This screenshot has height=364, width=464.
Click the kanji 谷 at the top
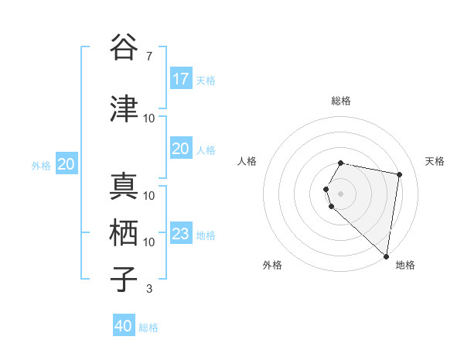125,47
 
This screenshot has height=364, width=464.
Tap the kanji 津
125,109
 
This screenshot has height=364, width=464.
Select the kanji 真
125,187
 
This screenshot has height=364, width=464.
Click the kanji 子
125,280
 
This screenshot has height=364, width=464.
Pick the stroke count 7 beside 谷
148,56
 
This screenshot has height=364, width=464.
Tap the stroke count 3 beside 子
148,289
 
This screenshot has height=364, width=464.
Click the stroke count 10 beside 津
149,118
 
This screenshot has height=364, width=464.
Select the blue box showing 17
181,79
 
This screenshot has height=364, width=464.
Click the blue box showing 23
181,234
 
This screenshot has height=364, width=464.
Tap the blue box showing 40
124,327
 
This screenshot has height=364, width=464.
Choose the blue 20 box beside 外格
67,164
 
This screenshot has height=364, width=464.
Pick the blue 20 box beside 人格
181,149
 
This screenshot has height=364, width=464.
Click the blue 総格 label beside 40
148,328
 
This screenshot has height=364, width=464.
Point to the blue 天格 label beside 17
206,80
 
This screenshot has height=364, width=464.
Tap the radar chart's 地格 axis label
405,265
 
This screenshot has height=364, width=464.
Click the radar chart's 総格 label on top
341,101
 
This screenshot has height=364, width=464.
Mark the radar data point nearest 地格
386,256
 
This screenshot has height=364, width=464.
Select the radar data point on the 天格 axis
399,174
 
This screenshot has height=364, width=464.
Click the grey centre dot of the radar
341,193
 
